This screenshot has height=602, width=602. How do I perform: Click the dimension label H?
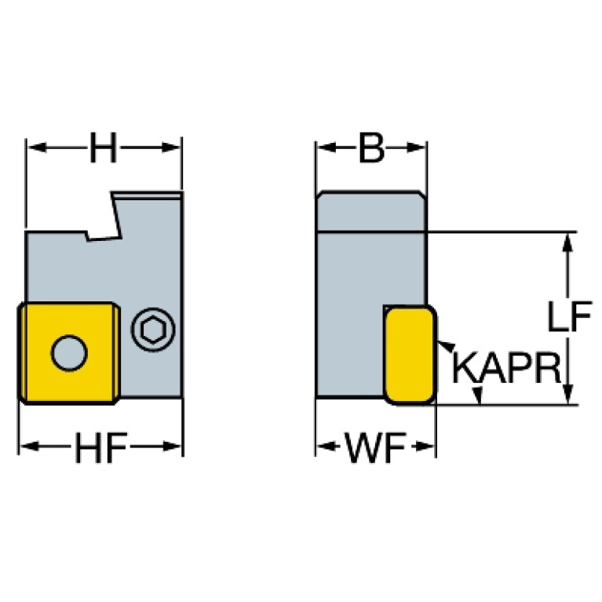point(103,148)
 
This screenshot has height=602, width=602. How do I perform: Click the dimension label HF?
point(101,447)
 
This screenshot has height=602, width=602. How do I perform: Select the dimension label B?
point(371,148)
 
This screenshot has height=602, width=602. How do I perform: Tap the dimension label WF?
point(375,447)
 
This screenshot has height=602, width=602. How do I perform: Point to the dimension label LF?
point(569,316)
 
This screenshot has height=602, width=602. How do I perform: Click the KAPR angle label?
point(507,368)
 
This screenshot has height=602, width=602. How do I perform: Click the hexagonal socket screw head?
point(153,330)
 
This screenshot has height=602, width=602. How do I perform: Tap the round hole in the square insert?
point(69,353)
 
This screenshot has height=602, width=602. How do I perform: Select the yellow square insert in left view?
point(69,353)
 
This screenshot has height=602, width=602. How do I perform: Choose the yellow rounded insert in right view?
point(410,355)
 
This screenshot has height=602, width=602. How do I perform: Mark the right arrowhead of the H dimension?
point(171,148)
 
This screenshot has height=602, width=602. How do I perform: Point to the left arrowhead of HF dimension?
point(29,447)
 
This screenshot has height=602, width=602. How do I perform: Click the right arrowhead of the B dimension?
point(416,148)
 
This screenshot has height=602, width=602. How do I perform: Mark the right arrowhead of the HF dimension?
point(172,447)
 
